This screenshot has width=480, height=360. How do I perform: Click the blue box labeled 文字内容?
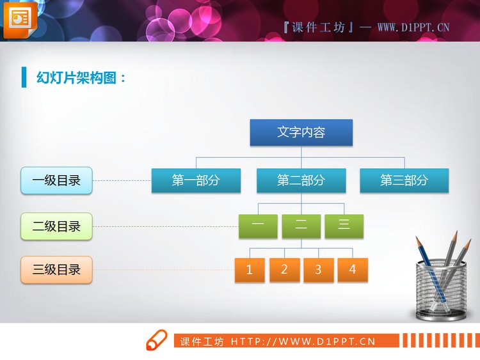pos(301,132)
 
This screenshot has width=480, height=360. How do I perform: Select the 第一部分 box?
pos(196,180)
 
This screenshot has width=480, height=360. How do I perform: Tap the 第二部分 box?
pos(301,180)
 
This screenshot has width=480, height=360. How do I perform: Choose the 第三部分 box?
pos(404,180)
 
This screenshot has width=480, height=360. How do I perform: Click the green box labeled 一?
pos(258,226)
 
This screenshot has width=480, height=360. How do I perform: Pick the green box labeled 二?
pos(301,226)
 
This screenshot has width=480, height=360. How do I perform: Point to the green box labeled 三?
pos(344,226)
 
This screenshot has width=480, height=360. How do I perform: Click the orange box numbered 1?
pos(250,270)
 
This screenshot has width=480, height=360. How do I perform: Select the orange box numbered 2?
pos(284,269)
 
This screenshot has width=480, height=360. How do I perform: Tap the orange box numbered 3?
pos(318,270)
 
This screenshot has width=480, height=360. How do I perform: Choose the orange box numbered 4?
pos(353,269)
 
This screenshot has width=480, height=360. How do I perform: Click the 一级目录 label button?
pos(56,181)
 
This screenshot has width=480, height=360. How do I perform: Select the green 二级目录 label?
pos(56,226)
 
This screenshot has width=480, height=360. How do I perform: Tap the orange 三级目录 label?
pos(56,270)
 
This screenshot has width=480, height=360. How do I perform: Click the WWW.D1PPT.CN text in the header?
pos(413,27)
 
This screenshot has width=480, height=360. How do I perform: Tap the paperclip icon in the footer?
pos(156,341)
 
